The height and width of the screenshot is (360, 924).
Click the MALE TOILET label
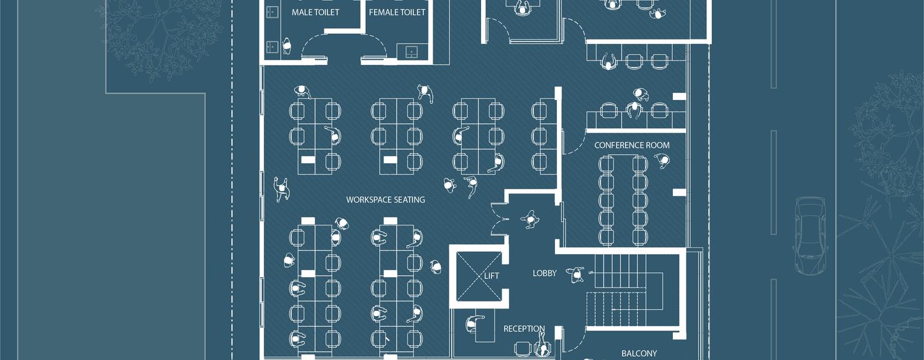click(x=315, y=12)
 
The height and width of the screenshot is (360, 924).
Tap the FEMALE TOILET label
click(x=397, y=12)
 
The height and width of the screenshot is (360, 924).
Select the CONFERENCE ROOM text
click(x=632, y=145)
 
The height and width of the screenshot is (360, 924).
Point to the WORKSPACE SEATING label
click(x=385, y=199)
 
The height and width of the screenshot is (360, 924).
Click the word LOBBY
click(x=544, y=273)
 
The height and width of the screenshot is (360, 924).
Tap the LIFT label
click(x=491, y=276)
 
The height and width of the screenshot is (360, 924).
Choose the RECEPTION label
click(x=524, y=329)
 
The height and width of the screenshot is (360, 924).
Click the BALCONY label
click(x=639, y=353)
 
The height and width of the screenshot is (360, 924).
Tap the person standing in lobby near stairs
click(x=577, y=275)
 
